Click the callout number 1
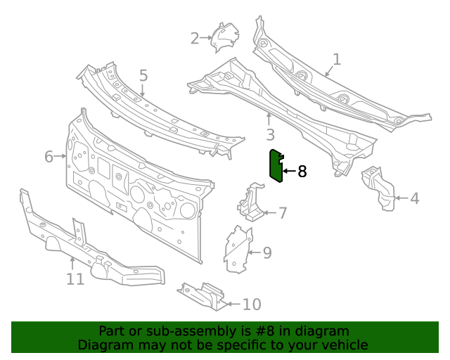pos(336,60)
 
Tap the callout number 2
pos(195,38)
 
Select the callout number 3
pos(269,134)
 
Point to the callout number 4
pos(414,198)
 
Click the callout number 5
pos(143,75)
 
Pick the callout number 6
pos(49,156)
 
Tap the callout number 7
pos(283,213)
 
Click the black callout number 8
pos(302,171)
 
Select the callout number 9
pos(267,252)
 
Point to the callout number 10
pos(251,304)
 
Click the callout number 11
pos(75,279)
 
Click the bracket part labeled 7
pos(251,202)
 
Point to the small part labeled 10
pos(203,295)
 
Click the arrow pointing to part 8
pos(289,171)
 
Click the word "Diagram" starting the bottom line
pos(103,345)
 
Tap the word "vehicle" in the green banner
pos(340,345)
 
